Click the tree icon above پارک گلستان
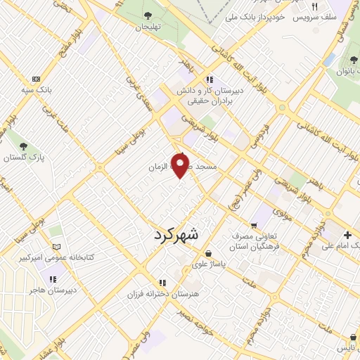point(23,146)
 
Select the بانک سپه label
point(39,91)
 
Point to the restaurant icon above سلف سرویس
point(316,6)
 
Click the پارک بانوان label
point(345,71)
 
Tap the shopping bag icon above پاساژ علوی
point(208,254)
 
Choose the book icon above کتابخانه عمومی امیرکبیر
point(57,247)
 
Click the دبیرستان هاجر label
point(49,289)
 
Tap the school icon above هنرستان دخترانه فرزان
point(162,282)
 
